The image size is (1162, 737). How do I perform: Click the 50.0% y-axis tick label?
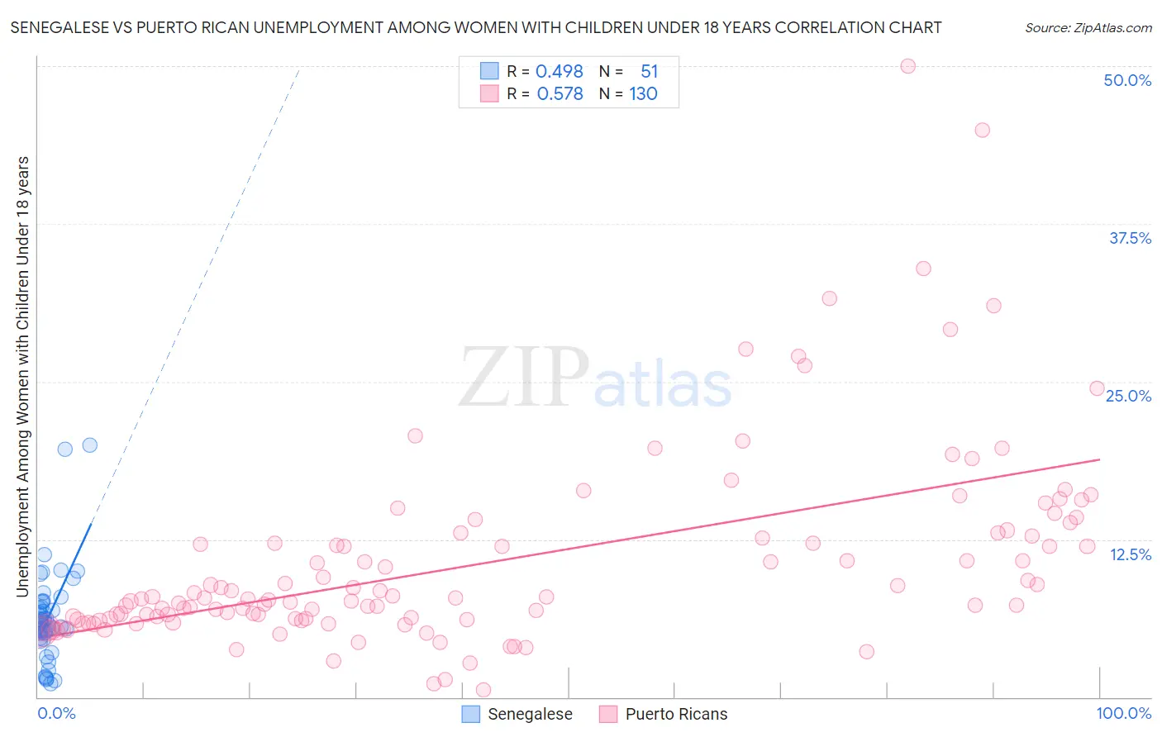[x=1127, y=80]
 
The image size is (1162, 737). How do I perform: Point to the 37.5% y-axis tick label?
[x=1130, y=238]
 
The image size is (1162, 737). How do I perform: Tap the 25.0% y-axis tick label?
[x=1128, y=396]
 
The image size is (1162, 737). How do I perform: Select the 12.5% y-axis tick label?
[x=1130, y=554]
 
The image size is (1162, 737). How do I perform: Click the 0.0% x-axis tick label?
[x=56, y=713]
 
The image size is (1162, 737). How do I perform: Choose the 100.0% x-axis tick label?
[x=1123, y=713]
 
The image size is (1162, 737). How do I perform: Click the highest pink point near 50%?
[x=907, y=66]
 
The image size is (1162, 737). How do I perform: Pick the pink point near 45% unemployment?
[x=982, y=130]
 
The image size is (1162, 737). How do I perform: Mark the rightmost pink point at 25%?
[x=1097, y=388]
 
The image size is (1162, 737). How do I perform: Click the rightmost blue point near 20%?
[x=90, y=445]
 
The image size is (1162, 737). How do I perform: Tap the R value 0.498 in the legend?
[x=560, y=71]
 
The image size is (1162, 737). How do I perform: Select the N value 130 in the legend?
[x=643, y=94]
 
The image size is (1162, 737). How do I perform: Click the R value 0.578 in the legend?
[x=560, y=94]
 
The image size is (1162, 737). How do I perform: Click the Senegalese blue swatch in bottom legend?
[x=470, y=714]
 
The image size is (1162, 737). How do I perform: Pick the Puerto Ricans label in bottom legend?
[x=676, y=714]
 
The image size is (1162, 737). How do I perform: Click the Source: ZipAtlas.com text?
[x=1088, y=27]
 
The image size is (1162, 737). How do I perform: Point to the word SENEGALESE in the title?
[x=57, y=27]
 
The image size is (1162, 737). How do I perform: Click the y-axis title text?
[x=22, y=376]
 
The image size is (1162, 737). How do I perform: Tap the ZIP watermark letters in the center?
[x=524, y=378]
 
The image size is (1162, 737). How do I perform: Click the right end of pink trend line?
[x=1100, y=459]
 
